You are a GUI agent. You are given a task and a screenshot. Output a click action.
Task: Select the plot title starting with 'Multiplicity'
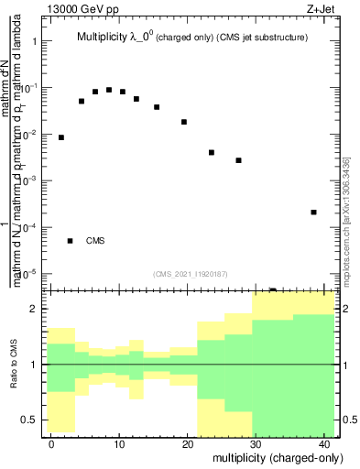pyautogui.click(x=191, y=38)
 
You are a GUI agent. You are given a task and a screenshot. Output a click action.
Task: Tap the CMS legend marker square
pyautogui.click(x=70, y=241)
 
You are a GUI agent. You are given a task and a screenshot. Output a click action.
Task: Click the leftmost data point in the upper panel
pyautogui.click(x=61, y=137)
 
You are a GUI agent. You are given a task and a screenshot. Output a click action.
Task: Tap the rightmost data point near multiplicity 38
pyautogui.click(x=313, y=212)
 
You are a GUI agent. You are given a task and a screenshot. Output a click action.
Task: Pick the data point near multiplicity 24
pyautogui.click(x=212, y=152)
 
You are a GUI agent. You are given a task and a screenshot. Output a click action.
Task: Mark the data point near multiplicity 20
pyautogui.click(x=184, y=122)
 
